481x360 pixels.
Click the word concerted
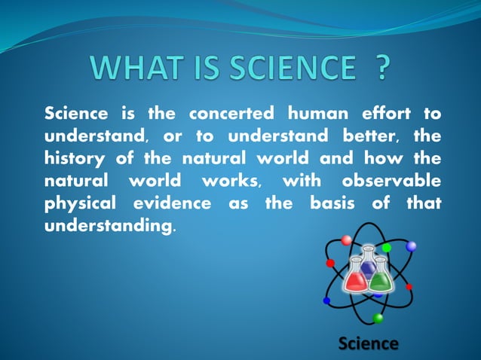pos(231,114)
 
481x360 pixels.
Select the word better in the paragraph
pos(373,137)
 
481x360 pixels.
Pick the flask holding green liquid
pos(381,277)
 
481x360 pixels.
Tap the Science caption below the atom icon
pos(368,343)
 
